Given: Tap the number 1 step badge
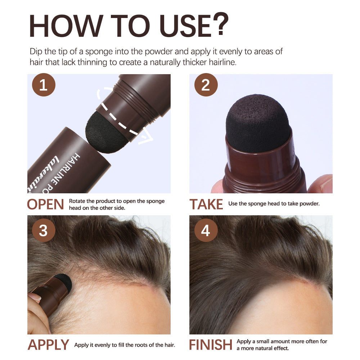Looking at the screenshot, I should [x=44, y=86].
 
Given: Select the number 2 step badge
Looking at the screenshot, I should [x=206, y=86].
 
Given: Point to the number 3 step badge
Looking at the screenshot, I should [x=44, y=230].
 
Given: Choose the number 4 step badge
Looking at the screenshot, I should [x=206, y=230].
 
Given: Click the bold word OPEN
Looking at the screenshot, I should [x=45, y=204].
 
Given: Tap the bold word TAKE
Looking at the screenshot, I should [x=206, y=204].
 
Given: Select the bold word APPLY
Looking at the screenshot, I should [x=48, y=345].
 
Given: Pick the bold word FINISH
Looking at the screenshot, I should [x=211, y=345].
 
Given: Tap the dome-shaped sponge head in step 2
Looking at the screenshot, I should [x=258, y=122].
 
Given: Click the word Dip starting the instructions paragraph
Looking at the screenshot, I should [x=36, y=51].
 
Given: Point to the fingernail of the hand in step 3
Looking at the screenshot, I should [x=35, y=297].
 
